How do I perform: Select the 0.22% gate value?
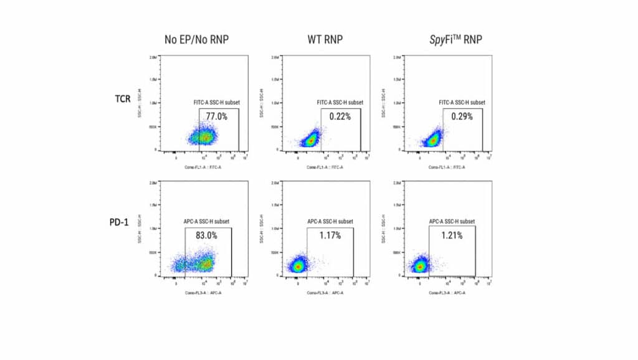click(x=340, y=116)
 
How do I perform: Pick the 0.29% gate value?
click(x=462, y=116)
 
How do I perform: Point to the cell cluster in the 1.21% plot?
click(x=421, y=266)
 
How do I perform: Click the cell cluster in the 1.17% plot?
click(x=298, y=266)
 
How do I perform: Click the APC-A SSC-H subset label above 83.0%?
click(x=207, y=222)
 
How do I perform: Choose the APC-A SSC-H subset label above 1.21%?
click(x=452, y=222)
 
